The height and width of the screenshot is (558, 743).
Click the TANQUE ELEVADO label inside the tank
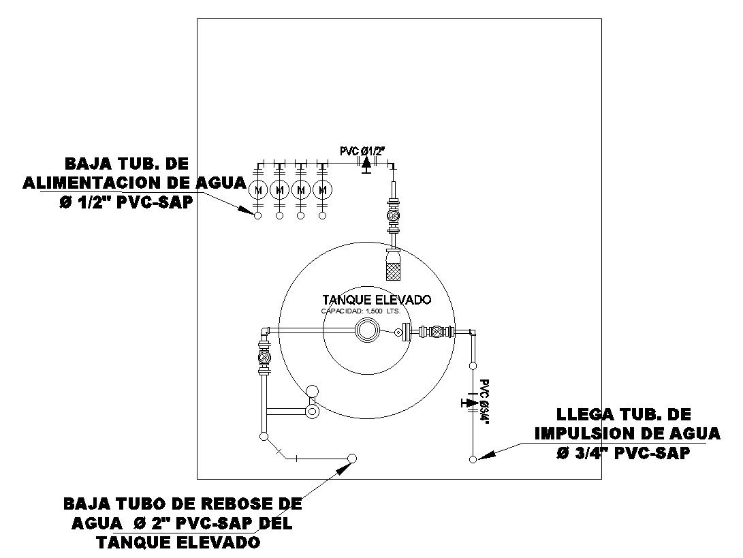click(x=377, y=300)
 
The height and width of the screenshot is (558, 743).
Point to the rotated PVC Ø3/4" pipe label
click(x=484, y=402)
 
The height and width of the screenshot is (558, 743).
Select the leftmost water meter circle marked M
click(x=258, y=189)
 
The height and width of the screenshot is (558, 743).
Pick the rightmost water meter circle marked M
click(x=323, y=189)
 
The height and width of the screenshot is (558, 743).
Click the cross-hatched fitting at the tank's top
click(x=394, y=265)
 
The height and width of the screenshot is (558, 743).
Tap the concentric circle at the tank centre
click(x=367, y=332)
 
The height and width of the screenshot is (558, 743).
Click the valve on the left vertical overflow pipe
click(x=264, y=357)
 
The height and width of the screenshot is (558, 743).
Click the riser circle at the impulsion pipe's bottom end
click(x=473, y=460)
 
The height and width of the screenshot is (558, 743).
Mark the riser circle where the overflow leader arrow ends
click(x=352, y=459)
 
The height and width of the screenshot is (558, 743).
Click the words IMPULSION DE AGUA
click(x=627, y=433)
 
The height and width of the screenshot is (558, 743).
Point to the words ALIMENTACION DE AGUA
click(x=133, y=183)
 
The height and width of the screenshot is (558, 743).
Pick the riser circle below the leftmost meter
click(x=258, y=216)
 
